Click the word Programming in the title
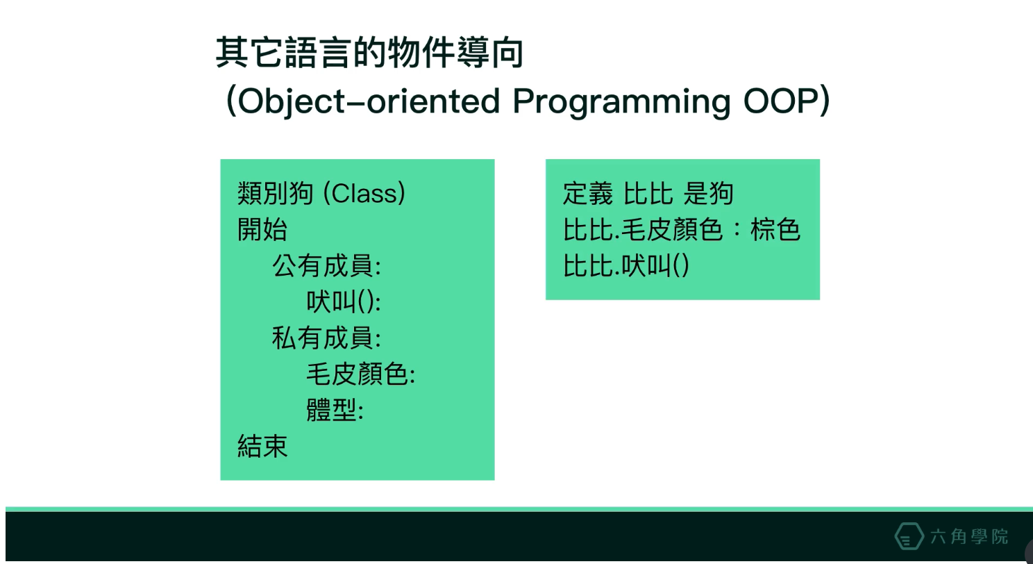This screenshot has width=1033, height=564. tap(621, 102)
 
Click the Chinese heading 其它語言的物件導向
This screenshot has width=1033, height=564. tap(369, 53)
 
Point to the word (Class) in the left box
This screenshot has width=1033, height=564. tap(364, 193)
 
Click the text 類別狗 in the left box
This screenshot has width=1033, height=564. tap(276, 193)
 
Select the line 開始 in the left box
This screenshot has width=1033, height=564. tap(262, 229)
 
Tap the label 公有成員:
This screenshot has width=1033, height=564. tap(326, 266)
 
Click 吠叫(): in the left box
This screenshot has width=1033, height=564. tap(344, 302)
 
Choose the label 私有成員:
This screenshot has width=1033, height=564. tap(326, 338)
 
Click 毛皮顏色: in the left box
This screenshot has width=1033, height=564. tap(360, 374)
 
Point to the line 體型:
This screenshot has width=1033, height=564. tap(335, 410)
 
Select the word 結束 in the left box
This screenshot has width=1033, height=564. tap(262, 446)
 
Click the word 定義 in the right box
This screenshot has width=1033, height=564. tap(588, 193)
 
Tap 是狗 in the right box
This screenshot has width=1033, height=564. tap(708, 193)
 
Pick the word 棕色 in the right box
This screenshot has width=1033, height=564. tap(775, 229)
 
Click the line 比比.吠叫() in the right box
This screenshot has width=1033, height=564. tap(625, 266)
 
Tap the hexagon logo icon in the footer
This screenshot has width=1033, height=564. tap(909, 536)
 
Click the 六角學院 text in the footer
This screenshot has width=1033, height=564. tap(969, 537)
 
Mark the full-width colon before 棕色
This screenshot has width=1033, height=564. tap(737, 230)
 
